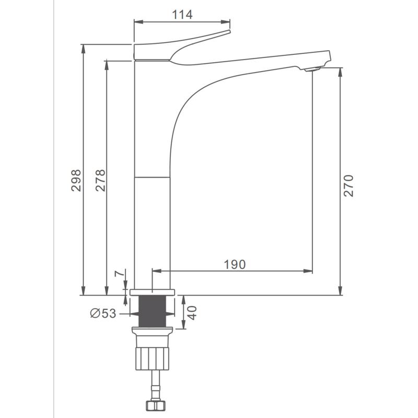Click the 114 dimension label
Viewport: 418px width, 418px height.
pos(182,15)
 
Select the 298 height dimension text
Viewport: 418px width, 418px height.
pos(76,180)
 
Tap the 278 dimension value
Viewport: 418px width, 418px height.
pos(100,180)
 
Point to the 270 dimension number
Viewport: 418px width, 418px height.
pos(348,186)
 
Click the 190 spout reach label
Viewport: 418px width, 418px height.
pos(235,264)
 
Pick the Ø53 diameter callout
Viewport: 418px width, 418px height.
pos(103,313)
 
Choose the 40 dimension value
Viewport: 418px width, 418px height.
pos(192,312)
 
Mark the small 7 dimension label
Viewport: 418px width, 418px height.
pos(120,273)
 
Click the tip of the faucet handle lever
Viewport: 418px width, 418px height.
pos(229,31)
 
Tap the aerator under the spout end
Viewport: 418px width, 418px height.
pos(312,69)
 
